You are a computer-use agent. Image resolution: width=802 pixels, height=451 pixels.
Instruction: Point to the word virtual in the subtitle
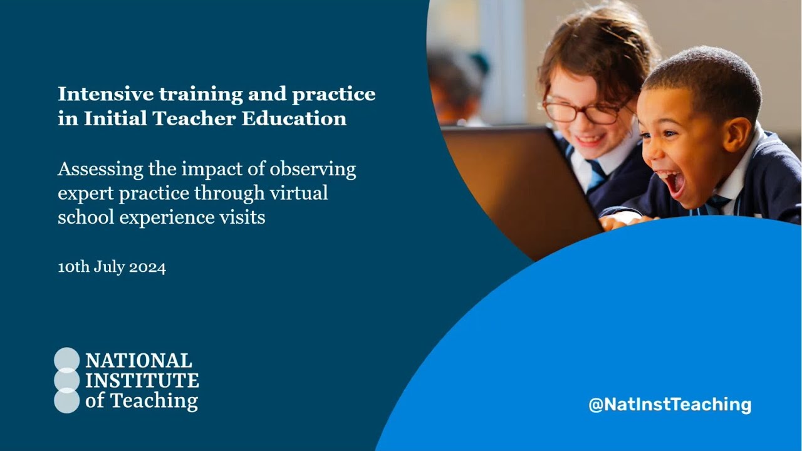click(304, 193)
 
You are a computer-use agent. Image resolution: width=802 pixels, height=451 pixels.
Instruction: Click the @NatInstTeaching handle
click(670, 404)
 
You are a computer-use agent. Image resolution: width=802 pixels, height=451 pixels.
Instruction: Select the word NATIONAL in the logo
click(138, 361)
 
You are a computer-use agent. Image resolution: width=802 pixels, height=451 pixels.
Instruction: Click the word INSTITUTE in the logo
click(142, 380)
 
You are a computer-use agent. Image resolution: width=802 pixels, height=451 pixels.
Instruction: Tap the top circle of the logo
click(67, 360)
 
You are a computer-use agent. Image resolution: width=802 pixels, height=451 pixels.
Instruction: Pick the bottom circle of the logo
click(67, 401)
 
